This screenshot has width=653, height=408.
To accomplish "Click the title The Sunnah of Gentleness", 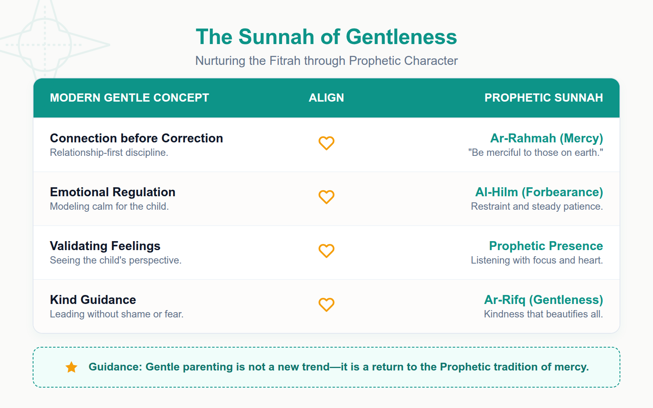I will [x=326, y=37].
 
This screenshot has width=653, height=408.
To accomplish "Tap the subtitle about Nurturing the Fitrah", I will [x=326, y=61].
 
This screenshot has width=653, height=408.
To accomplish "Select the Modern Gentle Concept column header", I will [x=129, y=98].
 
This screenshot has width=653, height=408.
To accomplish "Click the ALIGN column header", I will [x=326, y=98].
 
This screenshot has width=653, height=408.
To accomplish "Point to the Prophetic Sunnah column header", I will [x=543, y=98].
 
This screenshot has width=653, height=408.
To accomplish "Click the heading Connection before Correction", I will [x=136, y=138].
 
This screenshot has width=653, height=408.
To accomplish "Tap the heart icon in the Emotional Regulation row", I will [x=326, y=197].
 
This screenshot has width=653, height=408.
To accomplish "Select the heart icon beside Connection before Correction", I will [x=326, y=143].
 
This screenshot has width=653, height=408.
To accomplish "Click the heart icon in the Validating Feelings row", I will [x=326, y=251].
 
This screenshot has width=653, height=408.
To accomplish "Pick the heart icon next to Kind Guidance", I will [x=326, y=305].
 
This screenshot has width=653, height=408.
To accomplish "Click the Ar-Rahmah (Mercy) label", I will [x=546, y=138].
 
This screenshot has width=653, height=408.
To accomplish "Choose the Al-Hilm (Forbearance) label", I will [x=539, y=192].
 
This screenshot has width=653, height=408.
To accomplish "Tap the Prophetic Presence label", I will [x=546, y=246].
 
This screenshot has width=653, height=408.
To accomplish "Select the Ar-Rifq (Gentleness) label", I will [x=543, y=300].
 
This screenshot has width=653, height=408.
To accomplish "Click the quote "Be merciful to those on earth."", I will [x=535, y=153].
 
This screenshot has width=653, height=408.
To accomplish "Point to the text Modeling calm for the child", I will [x=109, y=206].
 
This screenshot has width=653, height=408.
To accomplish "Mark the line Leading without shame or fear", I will [x=116, y=314].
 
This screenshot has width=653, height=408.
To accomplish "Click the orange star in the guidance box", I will [x=71, y=367].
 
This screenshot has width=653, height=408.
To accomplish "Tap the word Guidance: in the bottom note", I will [x=115, y=367].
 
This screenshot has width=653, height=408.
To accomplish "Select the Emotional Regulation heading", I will [x=113, y=192].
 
